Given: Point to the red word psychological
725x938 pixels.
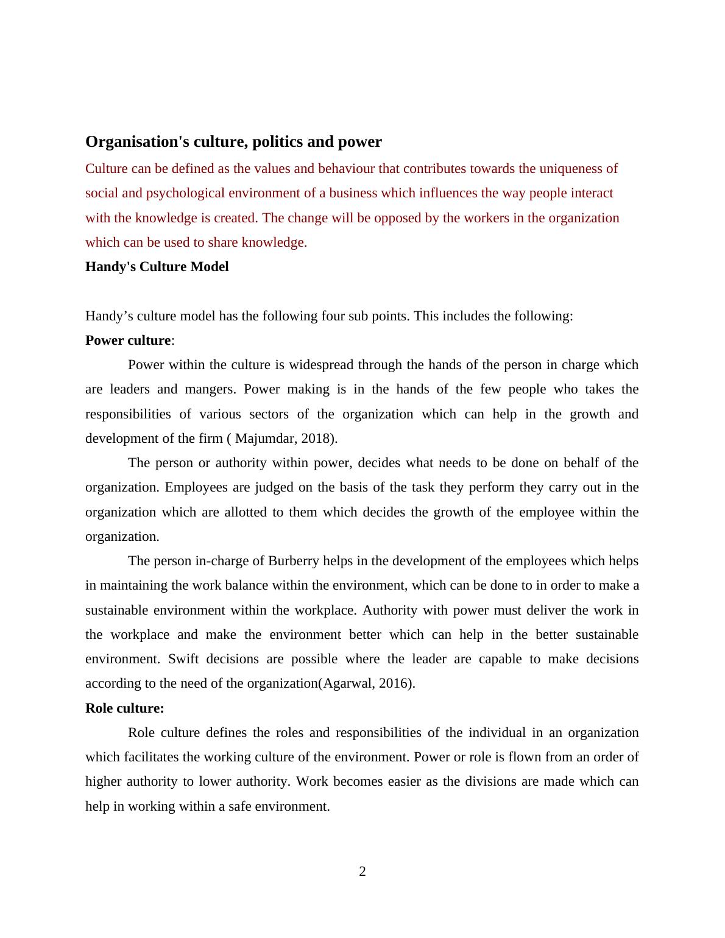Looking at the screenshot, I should (186, 193).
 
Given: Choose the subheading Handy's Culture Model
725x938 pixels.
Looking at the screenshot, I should (157, 267).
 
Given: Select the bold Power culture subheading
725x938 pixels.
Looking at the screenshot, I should (128, 340).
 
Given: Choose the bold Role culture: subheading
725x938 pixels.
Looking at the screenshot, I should (125, 708).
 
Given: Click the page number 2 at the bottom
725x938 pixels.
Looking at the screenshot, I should (362, 872).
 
